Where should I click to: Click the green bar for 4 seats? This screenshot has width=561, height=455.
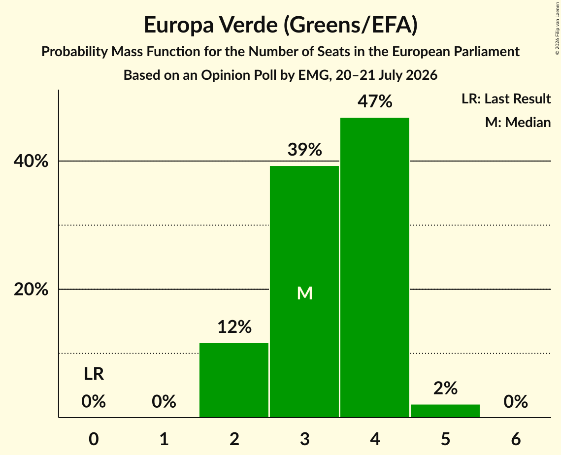point(375,267)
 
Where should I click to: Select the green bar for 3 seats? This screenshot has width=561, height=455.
point(304,292)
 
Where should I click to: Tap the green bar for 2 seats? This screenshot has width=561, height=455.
point(234,380)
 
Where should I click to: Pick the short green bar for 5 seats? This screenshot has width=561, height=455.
point(445,411)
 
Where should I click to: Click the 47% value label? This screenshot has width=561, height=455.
point(375,101)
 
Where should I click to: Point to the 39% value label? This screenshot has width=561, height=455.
point(305,150)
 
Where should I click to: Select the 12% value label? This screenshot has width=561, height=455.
point(234,326)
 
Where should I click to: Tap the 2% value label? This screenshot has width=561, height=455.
point(445,388)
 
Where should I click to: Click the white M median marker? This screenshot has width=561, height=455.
point(305,293)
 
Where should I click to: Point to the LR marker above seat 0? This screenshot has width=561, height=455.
point(94,374)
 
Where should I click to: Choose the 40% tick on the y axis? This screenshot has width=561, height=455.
point(31,162)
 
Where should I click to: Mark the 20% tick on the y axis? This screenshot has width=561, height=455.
point(31,289)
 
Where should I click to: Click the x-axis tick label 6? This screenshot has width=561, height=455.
point(516,439)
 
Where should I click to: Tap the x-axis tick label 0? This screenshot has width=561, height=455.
point(94,439)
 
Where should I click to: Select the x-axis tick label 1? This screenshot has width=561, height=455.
point(164,439)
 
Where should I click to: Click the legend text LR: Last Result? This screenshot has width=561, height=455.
point(506,98)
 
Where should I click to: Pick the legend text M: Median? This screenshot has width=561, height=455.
point(518,122)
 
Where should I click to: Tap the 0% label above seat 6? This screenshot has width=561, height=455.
point(516,401)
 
